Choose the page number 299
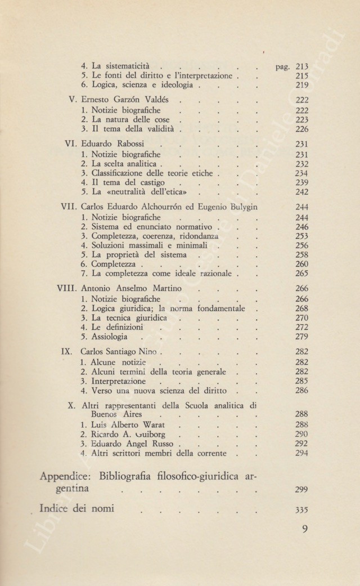click(x=301, y=490)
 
